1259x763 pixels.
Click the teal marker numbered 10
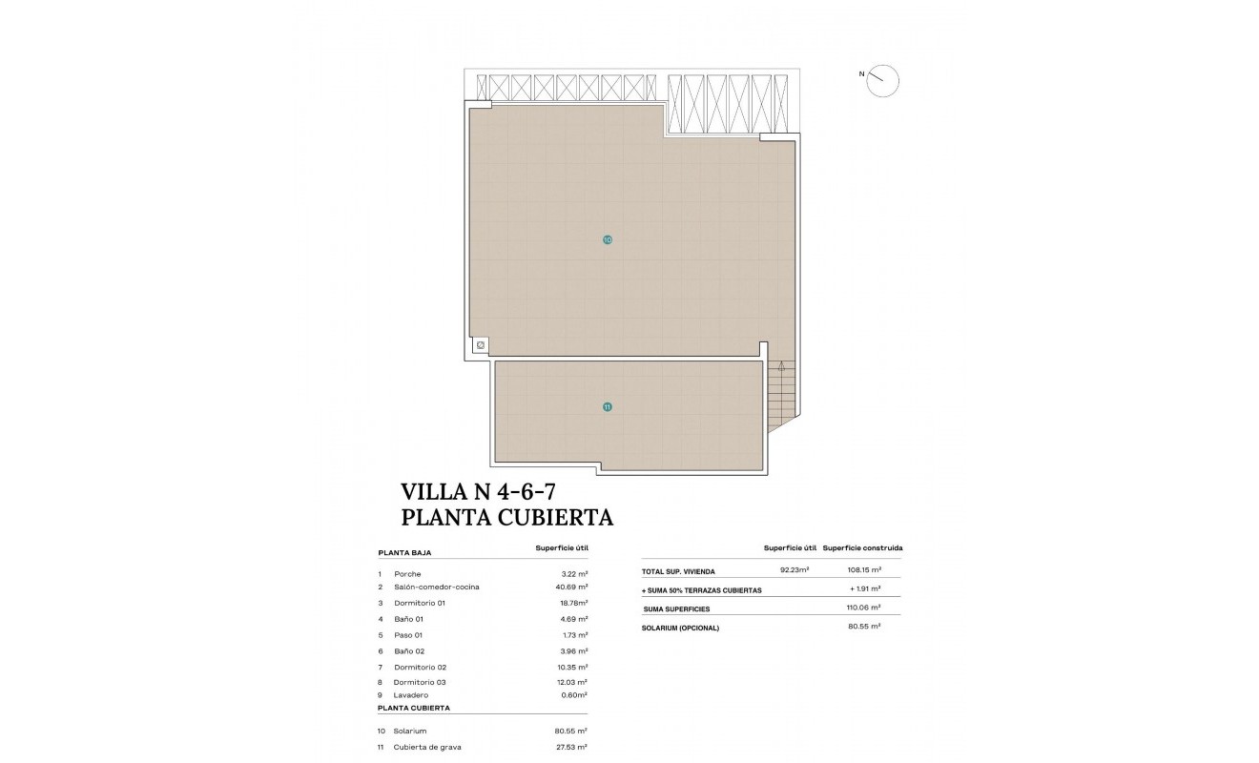[x=608, y=240]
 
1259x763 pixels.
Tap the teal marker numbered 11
[x=608, y=407]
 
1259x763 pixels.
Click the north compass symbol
[x=884, y=80]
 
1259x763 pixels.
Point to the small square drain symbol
[x=481, y=345]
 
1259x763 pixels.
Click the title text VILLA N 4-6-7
[x=478, y=492]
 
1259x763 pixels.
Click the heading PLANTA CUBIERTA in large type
[x=507, y=518]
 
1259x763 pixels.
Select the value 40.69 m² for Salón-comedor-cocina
[x=571, y=588]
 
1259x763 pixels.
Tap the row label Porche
[x=407, y=574]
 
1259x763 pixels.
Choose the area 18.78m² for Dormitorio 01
[x=571, y=603]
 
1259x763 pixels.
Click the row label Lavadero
[x=411, y=695]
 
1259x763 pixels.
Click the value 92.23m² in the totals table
[x=795, y=570]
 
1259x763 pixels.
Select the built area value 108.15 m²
[x=863, y=570]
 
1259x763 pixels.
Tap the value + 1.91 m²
[x=864, y=589]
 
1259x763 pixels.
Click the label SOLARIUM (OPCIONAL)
[x=681, y=628]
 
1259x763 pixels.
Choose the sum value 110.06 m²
[x=863, y=608]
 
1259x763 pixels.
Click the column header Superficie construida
[x=862, y=548]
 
